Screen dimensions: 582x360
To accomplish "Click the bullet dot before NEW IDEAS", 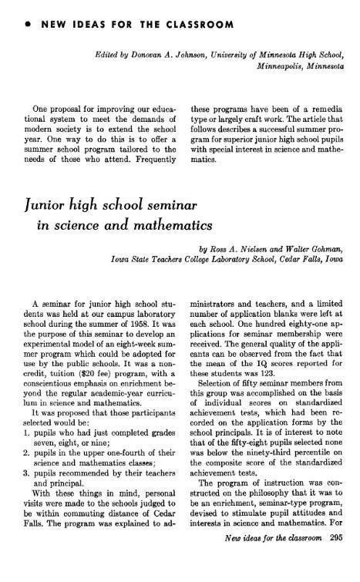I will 29,25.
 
